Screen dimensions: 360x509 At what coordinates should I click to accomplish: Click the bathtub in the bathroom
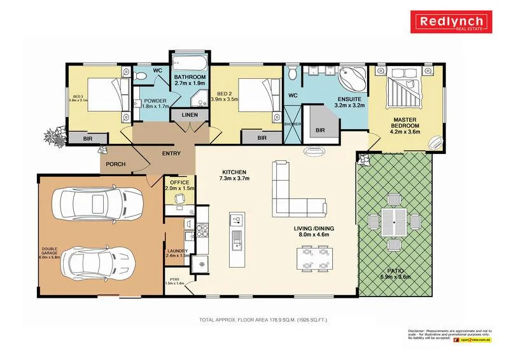[189, 64]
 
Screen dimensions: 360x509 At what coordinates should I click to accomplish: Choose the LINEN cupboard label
[190, 115]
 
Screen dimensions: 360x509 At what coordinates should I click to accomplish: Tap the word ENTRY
[171, 153]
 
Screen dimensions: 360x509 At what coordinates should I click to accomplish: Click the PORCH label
[115, 164]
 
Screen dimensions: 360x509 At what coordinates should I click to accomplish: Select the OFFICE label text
[179, 183]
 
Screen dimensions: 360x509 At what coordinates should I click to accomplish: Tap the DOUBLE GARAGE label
[50, 253]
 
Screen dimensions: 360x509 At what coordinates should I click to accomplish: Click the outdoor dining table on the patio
[394, 223]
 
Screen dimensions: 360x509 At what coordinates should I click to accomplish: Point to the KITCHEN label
[234, 176]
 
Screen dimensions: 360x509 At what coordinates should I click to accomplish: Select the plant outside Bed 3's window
[53, 135]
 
